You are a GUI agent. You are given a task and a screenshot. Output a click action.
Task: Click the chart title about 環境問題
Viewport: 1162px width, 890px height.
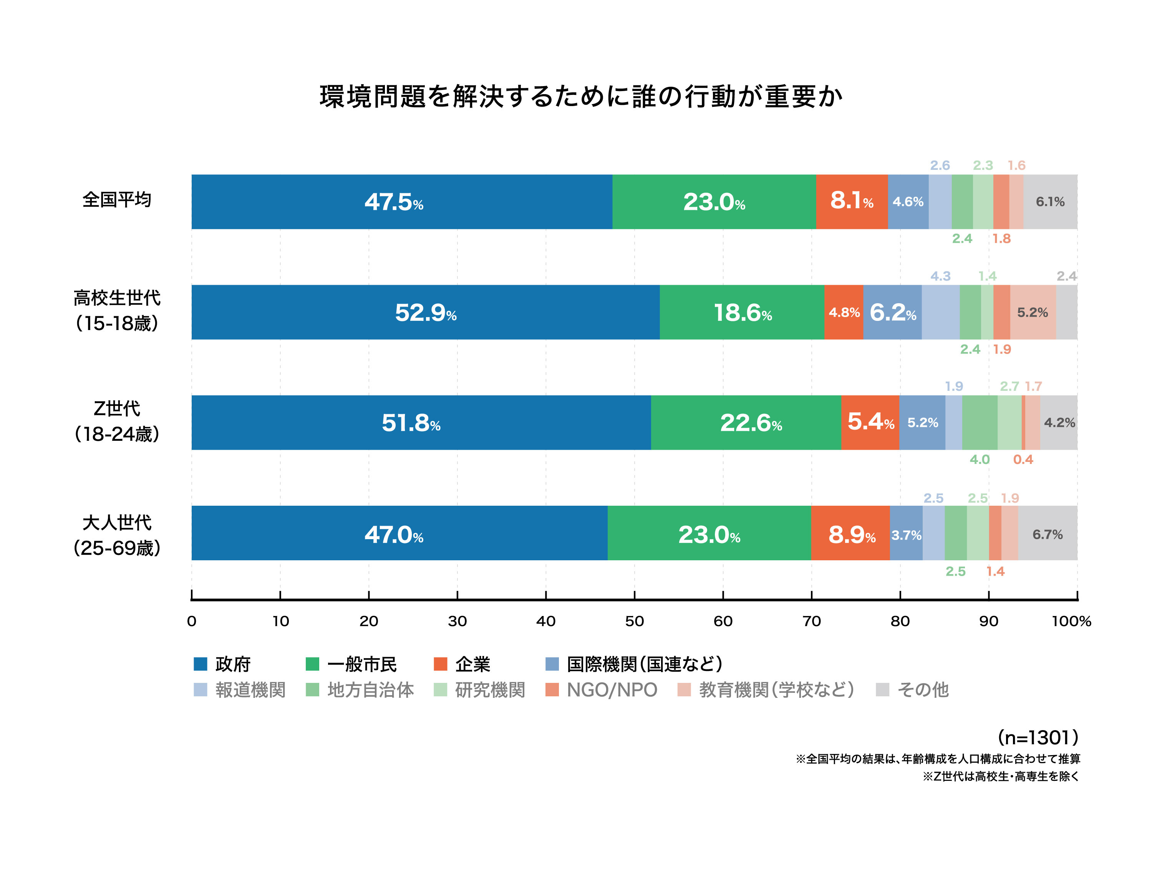point(580,96)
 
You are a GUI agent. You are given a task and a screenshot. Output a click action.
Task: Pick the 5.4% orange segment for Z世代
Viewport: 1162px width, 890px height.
point(870,423)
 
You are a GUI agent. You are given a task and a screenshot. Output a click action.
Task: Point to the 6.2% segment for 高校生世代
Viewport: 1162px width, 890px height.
point(892,312)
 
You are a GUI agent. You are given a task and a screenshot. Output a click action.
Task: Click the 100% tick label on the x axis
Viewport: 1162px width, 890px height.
point(1071,621)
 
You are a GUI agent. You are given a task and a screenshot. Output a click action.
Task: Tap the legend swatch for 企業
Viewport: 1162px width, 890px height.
point(440,664)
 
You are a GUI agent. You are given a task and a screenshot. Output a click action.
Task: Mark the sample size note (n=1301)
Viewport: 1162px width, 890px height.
point(1037,737)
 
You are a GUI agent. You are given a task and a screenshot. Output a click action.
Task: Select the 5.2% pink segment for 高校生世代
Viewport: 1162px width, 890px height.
point(1032,312)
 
